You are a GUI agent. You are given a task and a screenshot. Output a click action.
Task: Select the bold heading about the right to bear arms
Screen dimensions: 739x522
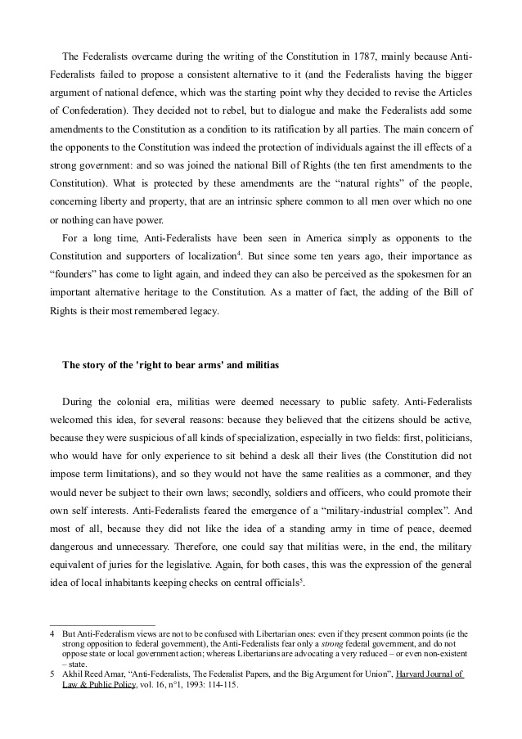pos(171,366)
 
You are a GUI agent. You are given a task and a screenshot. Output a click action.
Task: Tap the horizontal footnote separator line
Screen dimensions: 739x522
pos(102,625)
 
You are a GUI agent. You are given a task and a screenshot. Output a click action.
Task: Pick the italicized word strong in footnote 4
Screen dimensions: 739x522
pos(322,644)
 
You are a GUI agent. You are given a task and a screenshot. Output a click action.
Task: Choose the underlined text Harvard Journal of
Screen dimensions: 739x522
pos(418,674)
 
